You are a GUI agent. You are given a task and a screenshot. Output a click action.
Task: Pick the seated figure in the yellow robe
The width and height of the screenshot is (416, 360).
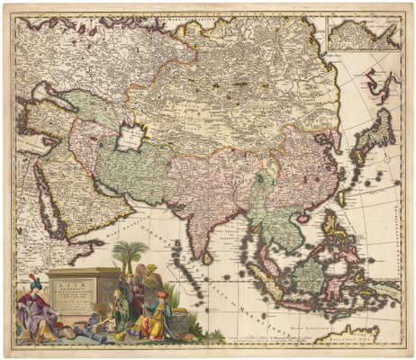tap(157, 320)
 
